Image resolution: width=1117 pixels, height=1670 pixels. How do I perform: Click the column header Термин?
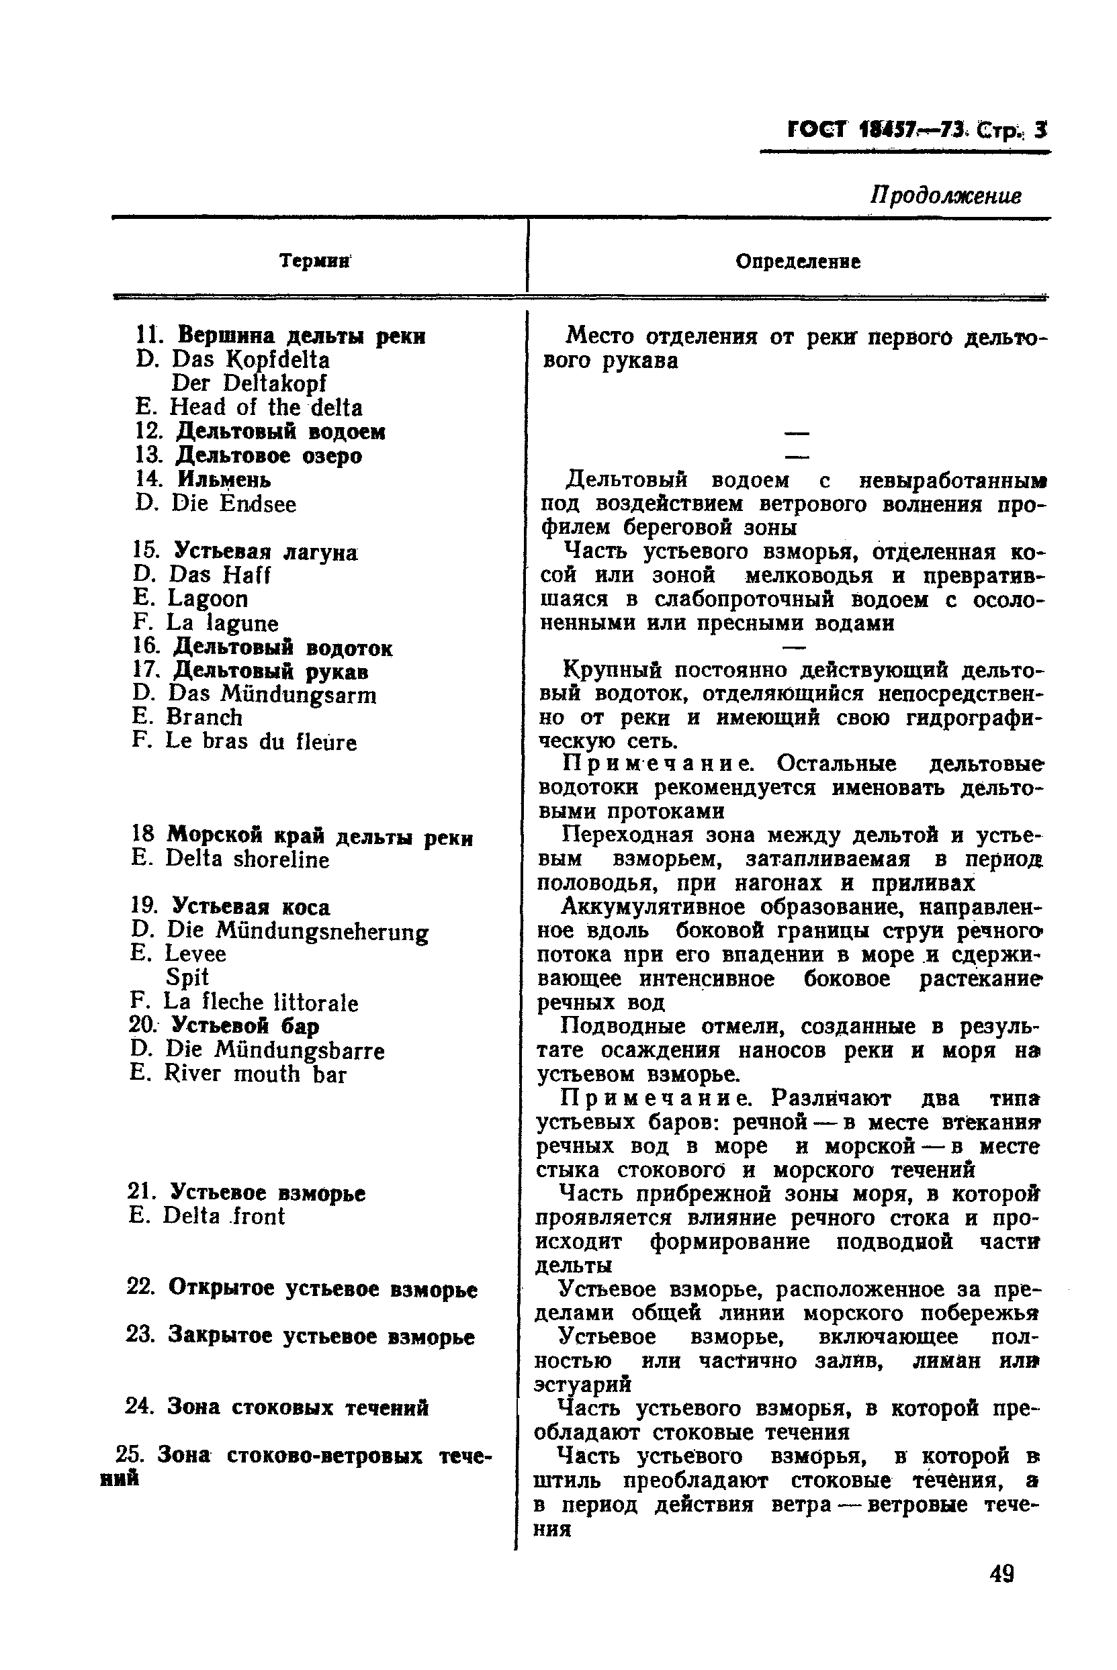click(314, 261)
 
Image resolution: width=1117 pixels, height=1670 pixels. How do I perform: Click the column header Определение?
click(797, 261)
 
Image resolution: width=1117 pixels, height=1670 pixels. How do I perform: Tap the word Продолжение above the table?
click(945, 195)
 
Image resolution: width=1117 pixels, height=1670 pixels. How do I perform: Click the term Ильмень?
click(224, 479)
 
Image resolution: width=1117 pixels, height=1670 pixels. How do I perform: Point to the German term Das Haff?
click(219, 575)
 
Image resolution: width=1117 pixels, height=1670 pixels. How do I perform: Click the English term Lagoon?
click(208, 599)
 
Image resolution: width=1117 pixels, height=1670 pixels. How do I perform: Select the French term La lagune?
click(222, 623)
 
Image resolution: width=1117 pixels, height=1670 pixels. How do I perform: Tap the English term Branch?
click(204, 717)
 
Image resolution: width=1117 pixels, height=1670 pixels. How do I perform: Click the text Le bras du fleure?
click(261, 741)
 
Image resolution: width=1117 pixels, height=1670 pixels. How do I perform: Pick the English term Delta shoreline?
click(247, 860)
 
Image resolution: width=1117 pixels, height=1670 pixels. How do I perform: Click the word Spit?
click(187, 977)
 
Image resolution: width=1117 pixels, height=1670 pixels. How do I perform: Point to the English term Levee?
click(195, 954)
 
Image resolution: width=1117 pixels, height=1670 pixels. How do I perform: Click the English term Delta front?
click(223, 1215)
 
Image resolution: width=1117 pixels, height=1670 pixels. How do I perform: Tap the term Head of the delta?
click(266, 408)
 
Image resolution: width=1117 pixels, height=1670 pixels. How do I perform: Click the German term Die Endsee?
click(233, 504)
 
